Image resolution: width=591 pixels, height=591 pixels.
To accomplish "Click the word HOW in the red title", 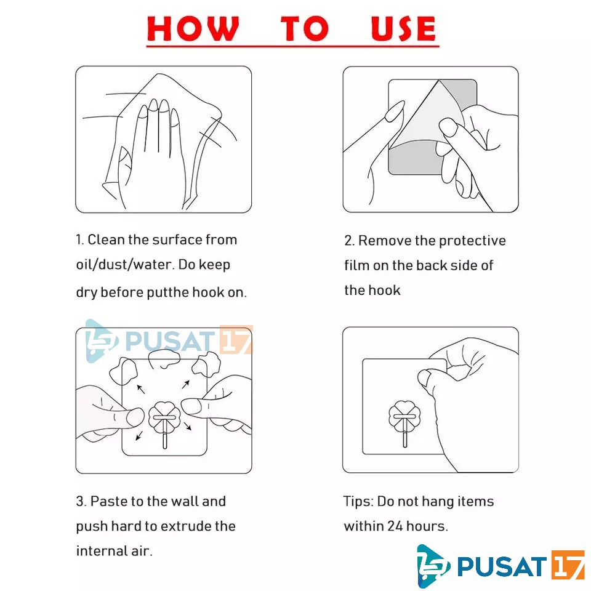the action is tap(193, 28).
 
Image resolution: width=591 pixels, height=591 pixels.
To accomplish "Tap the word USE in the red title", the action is tap(403, 28).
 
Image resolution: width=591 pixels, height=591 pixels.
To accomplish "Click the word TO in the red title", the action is tap(305, 28).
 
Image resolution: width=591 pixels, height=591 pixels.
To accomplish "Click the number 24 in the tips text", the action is tap(395, 526).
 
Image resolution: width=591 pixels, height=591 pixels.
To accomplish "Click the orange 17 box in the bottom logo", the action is tap(568, 565).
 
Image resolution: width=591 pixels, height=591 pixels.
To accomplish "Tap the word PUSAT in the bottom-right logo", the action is tap(502, 566).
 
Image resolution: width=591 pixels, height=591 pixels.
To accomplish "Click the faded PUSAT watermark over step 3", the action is tap(169, 341).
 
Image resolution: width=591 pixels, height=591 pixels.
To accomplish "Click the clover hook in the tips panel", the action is tap(404, 420).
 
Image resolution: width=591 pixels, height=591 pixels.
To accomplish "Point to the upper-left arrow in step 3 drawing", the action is tap(140, 389).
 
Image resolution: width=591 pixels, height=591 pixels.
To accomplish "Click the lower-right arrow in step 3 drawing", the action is tap(188, 426).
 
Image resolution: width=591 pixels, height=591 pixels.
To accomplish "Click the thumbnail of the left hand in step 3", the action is tap(135, 417).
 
